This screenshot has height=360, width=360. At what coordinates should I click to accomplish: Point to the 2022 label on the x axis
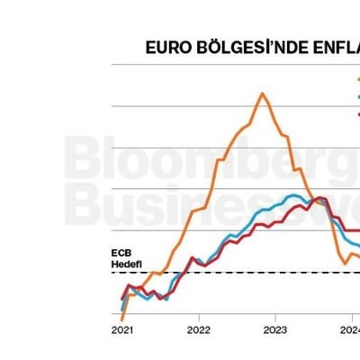click(198, 330)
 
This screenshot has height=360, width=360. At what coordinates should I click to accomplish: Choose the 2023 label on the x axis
click(274, 330)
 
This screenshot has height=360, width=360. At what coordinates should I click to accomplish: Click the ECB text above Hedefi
click(121, 255)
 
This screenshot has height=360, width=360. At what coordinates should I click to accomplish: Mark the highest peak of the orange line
click(262, 93)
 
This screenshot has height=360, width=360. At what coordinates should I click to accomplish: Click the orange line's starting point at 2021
click(121, 319)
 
